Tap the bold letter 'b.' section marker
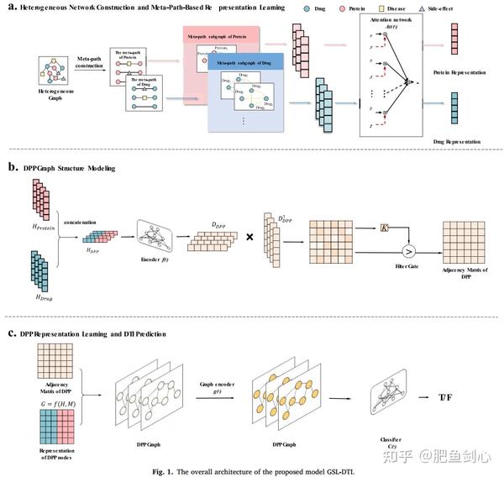tap(12, 167)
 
